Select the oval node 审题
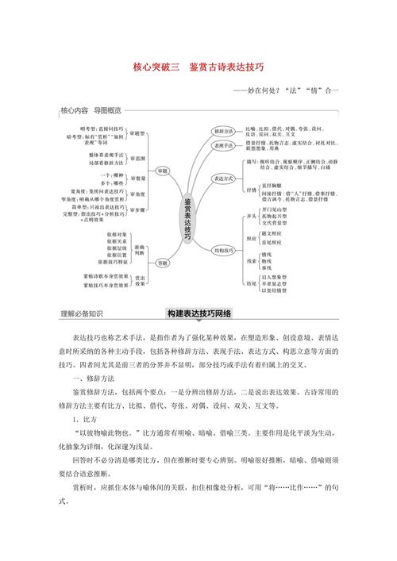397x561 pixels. (x=163, y=171)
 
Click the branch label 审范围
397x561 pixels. (x=139, y=158)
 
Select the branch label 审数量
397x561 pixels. (x=139, y=178)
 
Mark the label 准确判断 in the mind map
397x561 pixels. (x=140, y=225)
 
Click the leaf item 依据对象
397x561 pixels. (x=108, y=213)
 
